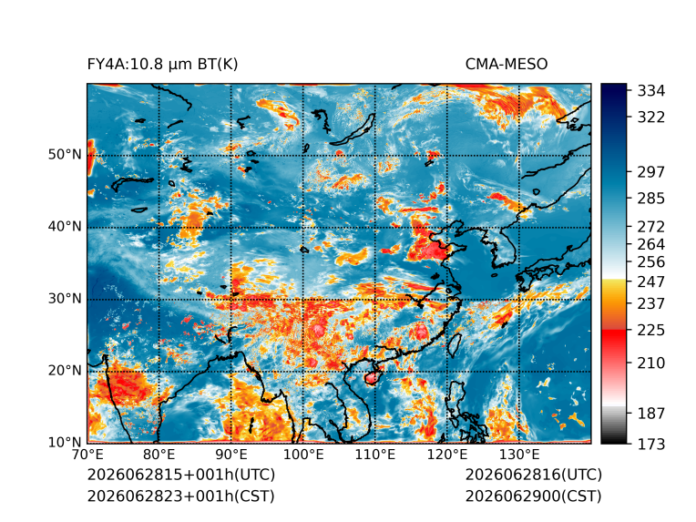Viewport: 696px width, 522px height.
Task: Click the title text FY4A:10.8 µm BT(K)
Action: tap(162, 65)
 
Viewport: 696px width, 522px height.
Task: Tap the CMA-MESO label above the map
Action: tap(507, 65)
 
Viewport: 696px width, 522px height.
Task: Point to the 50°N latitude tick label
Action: tap(65, 155)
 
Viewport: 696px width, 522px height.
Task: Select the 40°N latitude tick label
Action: tap(65, 226)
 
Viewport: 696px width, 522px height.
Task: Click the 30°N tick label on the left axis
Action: tap(65, 298)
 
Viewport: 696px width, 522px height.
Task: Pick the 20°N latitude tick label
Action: tap(65, 370)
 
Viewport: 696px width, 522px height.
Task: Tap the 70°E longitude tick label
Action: tap(87, 455)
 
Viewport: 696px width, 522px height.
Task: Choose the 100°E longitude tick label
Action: tap(303, 455)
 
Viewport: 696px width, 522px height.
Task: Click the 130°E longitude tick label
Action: tap(519, 455)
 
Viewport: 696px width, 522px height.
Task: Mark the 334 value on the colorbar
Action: tap(651, 91)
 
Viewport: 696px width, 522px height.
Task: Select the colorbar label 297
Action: tap(651, 172)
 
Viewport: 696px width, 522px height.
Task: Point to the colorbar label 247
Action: tap(651, 281)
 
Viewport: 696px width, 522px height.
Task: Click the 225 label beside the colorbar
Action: tap(651, 331)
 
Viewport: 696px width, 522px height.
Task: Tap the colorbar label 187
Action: tap(651, 414)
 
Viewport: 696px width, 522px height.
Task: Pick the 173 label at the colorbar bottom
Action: tap(651, 444)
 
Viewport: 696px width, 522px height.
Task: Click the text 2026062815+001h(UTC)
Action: tap(181, 475)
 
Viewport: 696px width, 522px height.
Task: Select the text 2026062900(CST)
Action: tap(534, 496)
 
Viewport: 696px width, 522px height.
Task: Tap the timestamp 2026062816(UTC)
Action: tap(534, 475)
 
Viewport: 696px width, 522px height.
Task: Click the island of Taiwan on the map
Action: tap(454, 344)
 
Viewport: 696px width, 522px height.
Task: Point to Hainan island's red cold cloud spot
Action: tap(372, 378)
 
